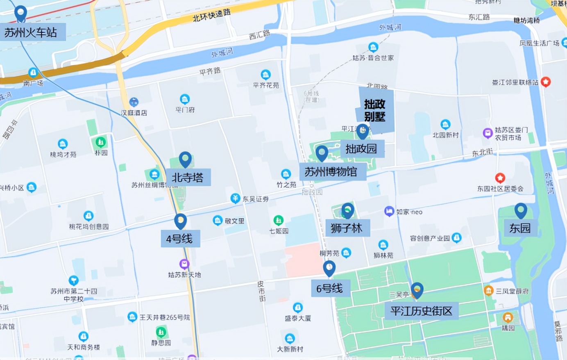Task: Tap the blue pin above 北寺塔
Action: [185, 159]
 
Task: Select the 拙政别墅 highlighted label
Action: [375, 110]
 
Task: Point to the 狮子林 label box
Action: [347, 228]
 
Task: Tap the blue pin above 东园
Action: [520, 210]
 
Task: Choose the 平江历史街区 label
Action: [421, 311]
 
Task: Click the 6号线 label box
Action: [329, 288]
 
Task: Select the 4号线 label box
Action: [179, 239]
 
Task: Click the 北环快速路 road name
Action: [211, 16]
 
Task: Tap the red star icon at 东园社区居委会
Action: [500, 178]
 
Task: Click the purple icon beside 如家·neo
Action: [389, 212]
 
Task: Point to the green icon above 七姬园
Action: [279, 220]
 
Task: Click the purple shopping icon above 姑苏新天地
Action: [184, 264]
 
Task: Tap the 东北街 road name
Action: [482, 153]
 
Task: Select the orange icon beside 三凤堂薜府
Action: [488, 290]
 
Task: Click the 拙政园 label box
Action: [361, 148]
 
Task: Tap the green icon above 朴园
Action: [100, 142]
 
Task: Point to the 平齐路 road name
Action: [210, 71]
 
